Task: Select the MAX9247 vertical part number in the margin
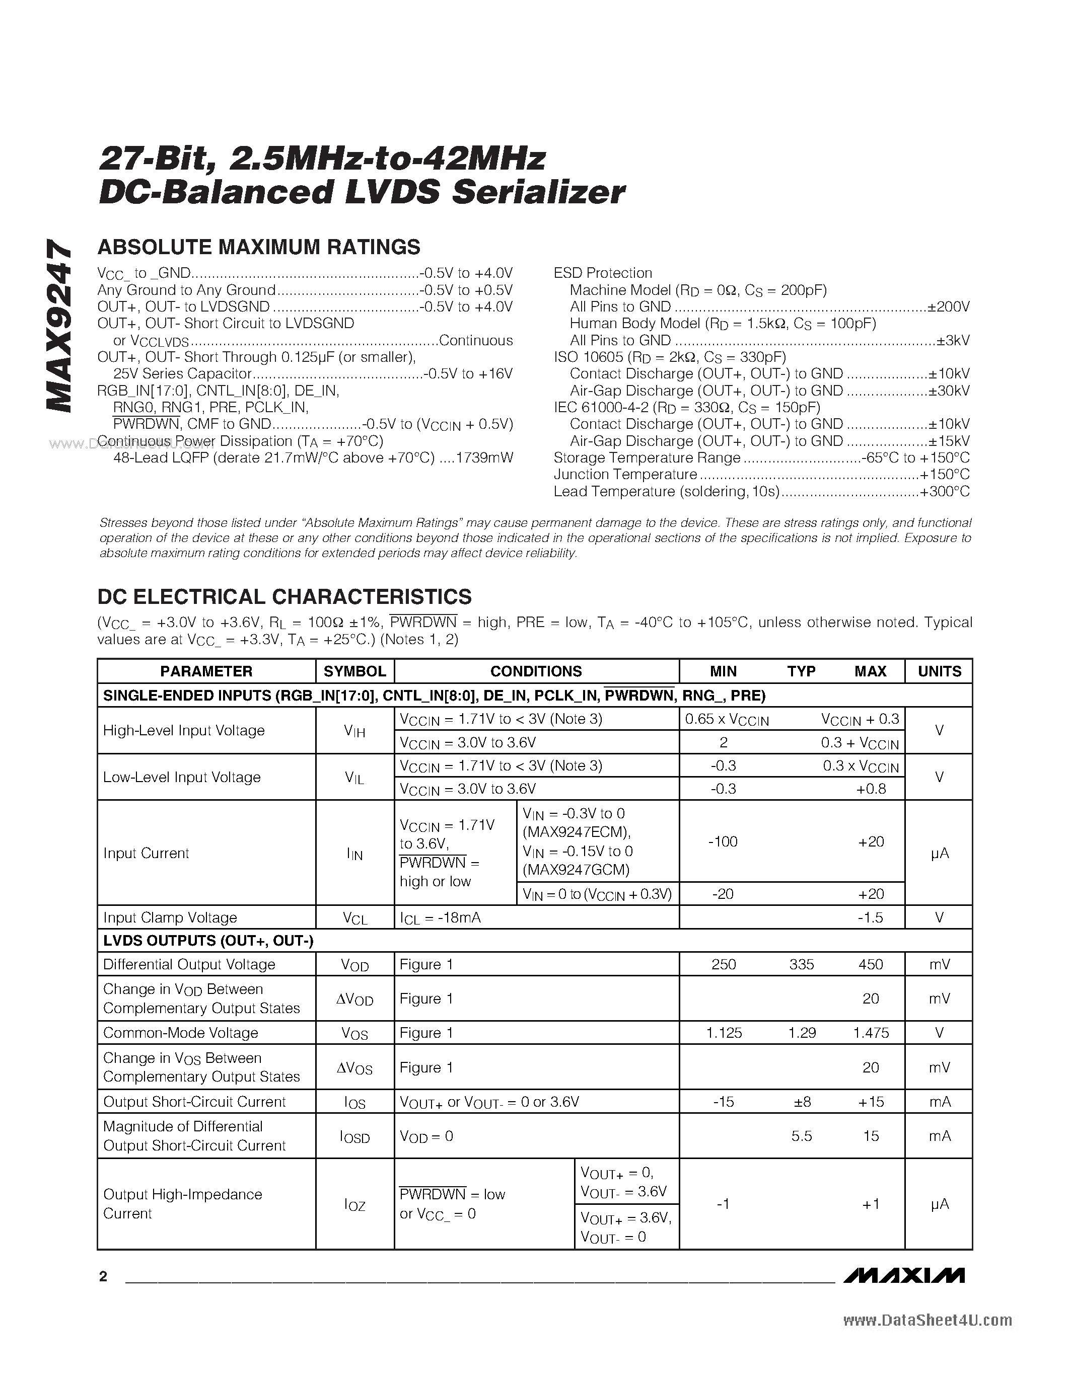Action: tap(59, 326)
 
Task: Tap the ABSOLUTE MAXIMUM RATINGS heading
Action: tap(259, 247)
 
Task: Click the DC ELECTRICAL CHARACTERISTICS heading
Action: tap(284, 597)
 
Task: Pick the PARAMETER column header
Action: tap(206, 671)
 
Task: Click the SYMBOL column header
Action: tap(354, 671)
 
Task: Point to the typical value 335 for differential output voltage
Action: tap(801, 964)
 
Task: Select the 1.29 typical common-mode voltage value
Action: tap(801, 1033)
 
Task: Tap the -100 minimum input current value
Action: tap(723, 841)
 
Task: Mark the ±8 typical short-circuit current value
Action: tap(802, 1102)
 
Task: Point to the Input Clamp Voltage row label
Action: tap(170, 917)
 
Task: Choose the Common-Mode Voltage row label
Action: tap(181, 1033)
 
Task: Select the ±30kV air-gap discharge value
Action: tap(949, 391)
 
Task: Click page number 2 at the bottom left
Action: tap(103, 1276)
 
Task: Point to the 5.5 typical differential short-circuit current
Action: tap(801, 1136)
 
